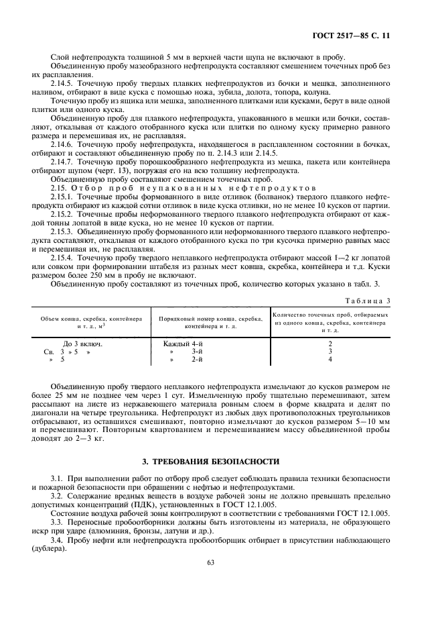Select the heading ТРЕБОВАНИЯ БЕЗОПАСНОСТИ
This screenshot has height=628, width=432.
[215, 462]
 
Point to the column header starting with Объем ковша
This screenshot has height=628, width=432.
[90, 321]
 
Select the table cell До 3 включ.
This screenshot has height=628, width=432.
[82, 343]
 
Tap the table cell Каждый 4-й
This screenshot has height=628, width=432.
[183, 343]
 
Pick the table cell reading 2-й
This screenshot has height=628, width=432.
[197, 359]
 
